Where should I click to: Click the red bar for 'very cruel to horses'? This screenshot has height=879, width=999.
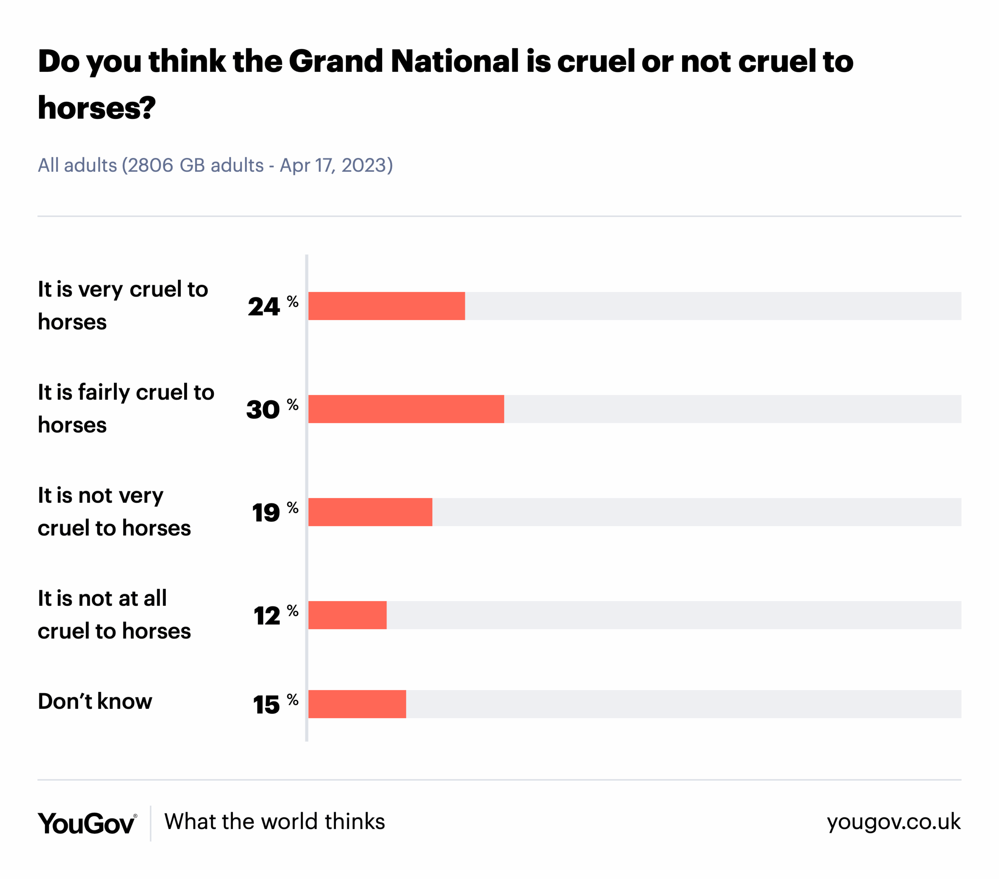point(386,306)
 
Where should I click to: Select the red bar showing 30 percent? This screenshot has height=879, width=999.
point(406,409)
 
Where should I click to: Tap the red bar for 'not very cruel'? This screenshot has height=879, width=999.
point(370,512)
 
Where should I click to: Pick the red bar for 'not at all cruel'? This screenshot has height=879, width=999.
point(347,615)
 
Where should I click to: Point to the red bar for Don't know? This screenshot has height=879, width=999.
point(357,704)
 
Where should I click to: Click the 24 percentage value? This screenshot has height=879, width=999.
point(264,307)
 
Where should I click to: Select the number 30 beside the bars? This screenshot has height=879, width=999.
point(263,410)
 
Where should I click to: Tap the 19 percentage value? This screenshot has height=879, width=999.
point(266,513)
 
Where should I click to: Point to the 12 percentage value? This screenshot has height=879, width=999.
point(267,616)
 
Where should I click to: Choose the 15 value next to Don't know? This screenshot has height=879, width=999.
point(267,705)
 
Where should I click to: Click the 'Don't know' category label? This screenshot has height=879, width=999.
point(95,701)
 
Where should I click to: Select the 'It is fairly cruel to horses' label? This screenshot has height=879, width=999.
point(126,409)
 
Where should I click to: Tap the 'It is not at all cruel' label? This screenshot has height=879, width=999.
point(114,614)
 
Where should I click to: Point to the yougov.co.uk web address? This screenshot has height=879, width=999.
point(893,822)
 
